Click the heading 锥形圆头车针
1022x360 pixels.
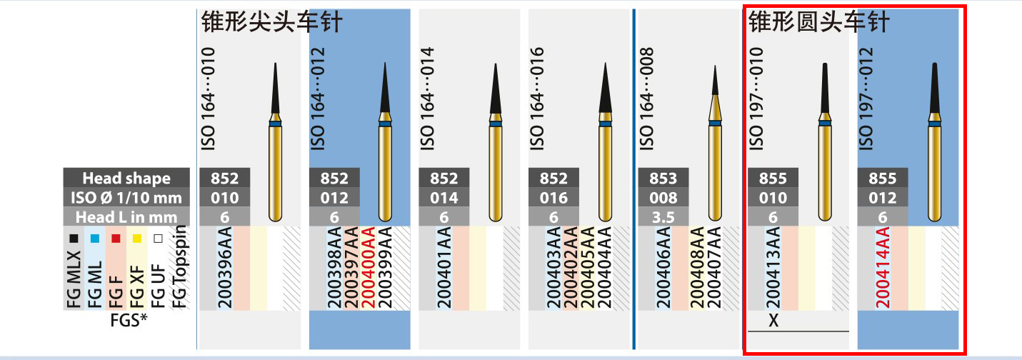click(x=818, y=23)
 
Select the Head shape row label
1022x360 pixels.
click(x=126, y=178)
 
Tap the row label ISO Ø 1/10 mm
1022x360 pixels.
click(x=126, y=197)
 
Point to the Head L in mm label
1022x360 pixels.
click(x=126, y=216)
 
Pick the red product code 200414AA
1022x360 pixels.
click(x=882, y=268)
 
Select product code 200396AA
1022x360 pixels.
click(x=207, y=268)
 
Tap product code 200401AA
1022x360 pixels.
click(x=427, y=268)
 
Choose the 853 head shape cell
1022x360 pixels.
click(x=662, y=178)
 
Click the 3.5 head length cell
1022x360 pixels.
click(x=662, y=216)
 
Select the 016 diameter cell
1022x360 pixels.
click(x=553, y=197)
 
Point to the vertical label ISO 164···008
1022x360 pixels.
click(x=646, y=99)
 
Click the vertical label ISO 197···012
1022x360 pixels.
click(x=866, y=99)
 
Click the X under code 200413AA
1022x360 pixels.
click(x=773, y=321)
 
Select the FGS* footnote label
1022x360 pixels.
click(x=129, y=320)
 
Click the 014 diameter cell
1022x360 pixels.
click(x=444, y=197)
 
